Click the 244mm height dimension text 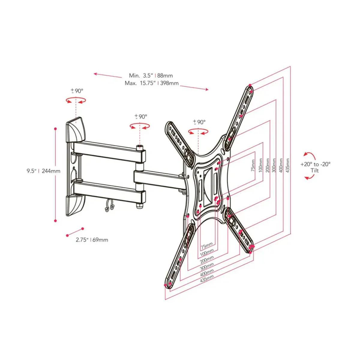click(51, 171)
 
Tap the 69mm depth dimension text click(100, 240)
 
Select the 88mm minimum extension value click(165, 76)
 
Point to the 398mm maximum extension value click(169, 83)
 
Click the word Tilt click(315, 170)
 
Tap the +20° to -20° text click(315, 164)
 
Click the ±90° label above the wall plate click(77, 91)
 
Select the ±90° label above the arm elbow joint click(141, 117)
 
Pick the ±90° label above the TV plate click(199, 122)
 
